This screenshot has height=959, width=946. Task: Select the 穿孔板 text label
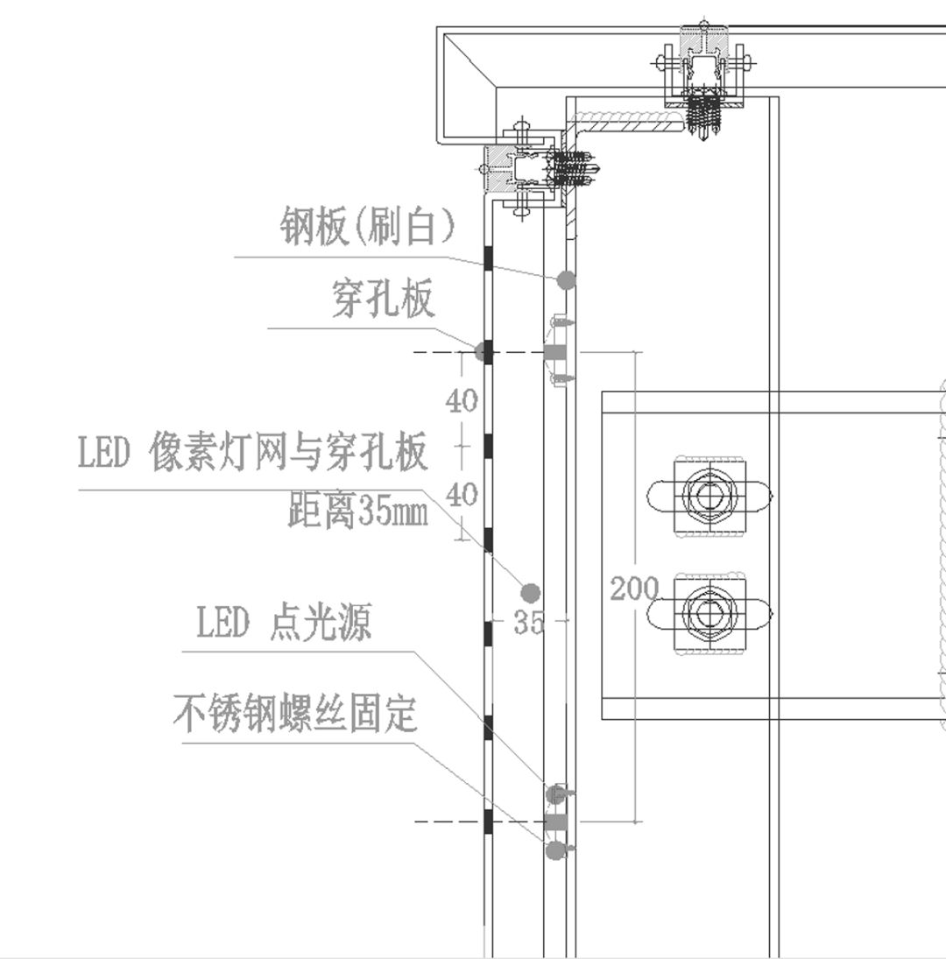384,300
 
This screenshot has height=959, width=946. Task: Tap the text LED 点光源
284,624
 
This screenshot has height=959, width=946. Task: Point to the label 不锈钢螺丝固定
294,714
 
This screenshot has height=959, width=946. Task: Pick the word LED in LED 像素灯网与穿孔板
104,454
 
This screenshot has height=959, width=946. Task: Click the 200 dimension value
633,589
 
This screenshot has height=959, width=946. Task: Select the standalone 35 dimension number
529,623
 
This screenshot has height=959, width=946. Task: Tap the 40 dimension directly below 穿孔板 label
462,401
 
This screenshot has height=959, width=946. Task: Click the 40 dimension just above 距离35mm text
462,496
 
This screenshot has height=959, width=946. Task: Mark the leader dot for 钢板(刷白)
567,280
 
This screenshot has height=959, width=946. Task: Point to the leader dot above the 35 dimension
530,593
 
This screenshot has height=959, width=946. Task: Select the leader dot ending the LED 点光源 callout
555,794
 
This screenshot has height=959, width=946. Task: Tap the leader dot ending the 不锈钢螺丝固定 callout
554,850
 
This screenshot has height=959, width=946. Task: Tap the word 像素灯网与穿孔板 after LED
289,454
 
